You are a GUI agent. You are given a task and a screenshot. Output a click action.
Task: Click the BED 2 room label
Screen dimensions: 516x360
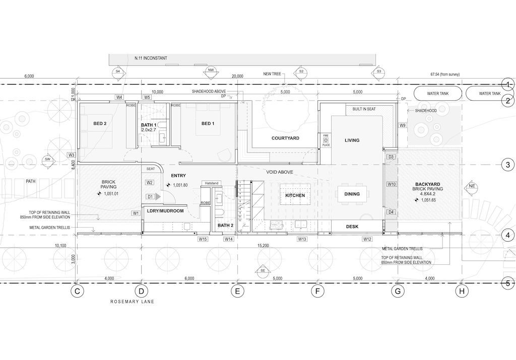point(100,124)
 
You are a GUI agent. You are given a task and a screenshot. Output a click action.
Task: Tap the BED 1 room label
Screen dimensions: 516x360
point(208,124)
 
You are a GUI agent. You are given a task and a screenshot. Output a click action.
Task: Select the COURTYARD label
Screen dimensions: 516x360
point(285,138)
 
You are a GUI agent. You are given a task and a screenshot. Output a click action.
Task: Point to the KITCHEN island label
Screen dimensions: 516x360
point(295,195)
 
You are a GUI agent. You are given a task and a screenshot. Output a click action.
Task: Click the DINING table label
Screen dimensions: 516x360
point(352,194)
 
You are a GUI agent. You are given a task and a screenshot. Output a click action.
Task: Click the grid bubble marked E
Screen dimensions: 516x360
point(237,292)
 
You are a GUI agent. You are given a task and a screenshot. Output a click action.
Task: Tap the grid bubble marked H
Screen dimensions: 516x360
point(462,292)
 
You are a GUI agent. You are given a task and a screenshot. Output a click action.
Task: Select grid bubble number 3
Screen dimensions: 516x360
point(508,165)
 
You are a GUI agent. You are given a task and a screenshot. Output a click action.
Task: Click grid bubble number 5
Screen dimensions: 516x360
point(508,283)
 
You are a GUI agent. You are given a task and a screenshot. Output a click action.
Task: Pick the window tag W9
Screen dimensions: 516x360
point(403,125)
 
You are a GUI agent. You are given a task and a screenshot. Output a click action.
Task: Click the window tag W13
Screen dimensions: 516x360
point(302,239)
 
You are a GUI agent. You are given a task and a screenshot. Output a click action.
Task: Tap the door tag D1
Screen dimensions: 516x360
point(150,196)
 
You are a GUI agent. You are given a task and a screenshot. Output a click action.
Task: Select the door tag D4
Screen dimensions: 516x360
point(391,212)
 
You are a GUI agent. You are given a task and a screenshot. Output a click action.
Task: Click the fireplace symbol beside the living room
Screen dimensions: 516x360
point(326,140)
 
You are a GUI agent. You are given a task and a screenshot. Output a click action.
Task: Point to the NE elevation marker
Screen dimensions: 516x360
point(471,186)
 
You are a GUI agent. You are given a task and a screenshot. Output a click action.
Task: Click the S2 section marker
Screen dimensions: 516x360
point(301,72)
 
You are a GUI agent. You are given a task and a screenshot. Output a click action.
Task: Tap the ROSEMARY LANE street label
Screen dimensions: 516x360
point(132,302)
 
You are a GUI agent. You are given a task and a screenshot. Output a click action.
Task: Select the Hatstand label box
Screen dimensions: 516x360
point(211,183)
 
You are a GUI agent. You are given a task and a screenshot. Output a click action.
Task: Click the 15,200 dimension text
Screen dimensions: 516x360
point(263,245)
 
